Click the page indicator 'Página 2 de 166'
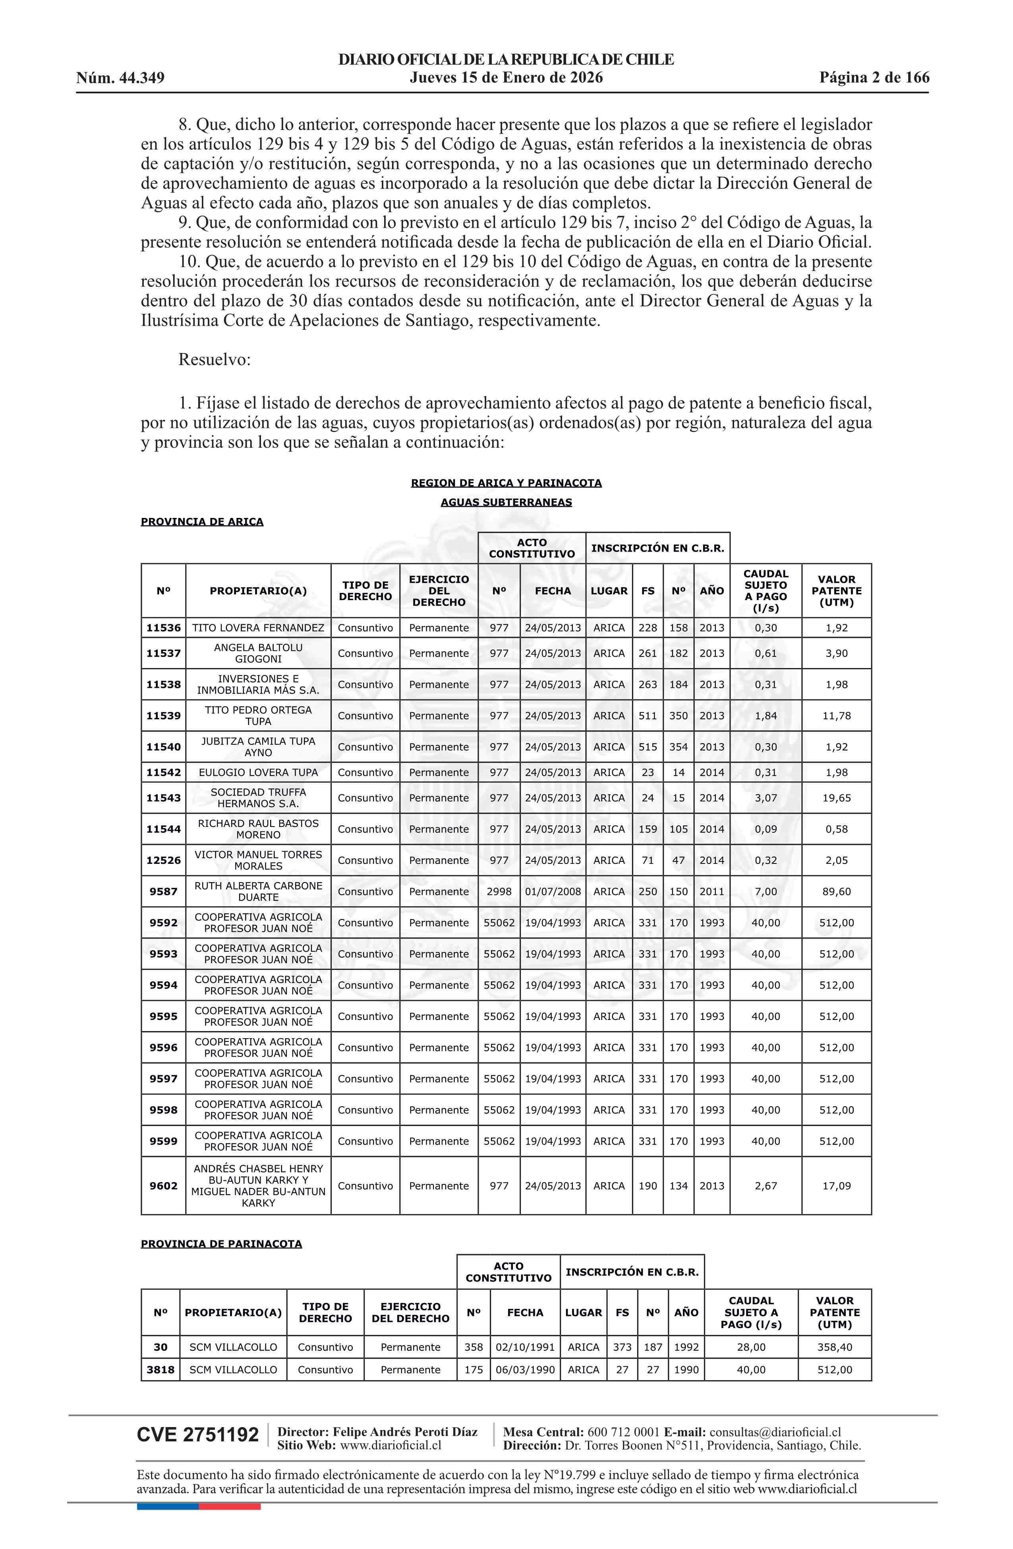[874, 78]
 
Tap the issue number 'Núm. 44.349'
[120, 79]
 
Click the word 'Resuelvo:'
[214, 359]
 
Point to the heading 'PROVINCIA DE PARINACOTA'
[221, 1244]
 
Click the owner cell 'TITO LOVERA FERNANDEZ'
[258, 628]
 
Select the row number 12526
[163, 860]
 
